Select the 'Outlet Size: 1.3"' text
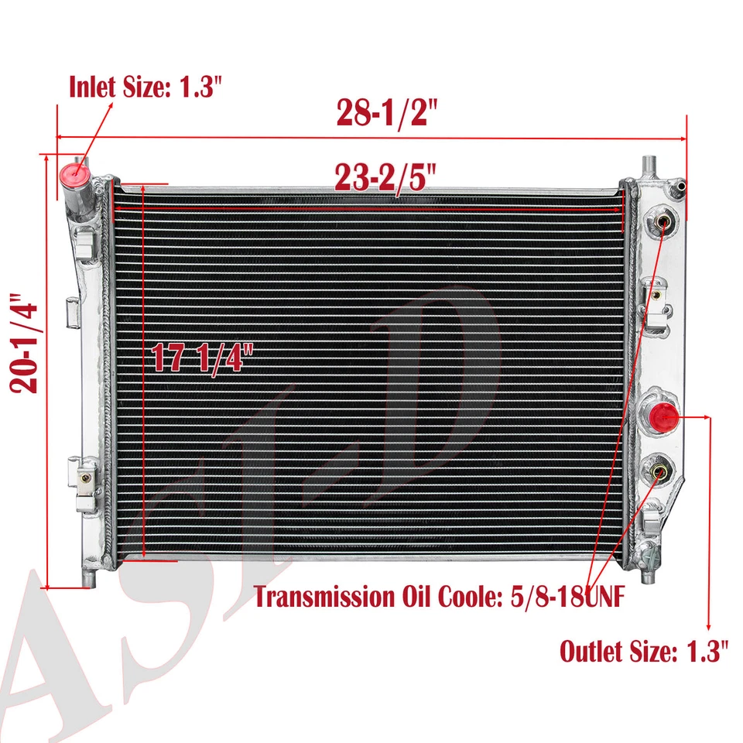point(644,651)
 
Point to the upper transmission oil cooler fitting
point(663,223)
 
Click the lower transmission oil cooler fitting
point(659,470)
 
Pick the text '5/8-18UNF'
point(572,597)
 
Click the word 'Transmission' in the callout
point(324,597)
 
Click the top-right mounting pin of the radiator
point(647,164)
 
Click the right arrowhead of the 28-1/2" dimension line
point(683,139)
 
